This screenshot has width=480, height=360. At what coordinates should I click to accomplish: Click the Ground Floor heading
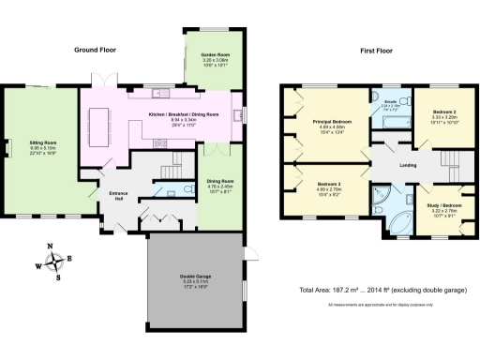point(94,49)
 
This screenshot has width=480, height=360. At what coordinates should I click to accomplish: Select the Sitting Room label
point(44,142)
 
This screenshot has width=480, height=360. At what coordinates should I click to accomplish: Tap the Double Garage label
point(194,275)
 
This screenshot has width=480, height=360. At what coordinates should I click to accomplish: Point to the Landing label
point(408,165)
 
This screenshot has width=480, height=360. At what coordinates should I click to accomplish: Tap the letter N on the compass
point(55,246)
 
